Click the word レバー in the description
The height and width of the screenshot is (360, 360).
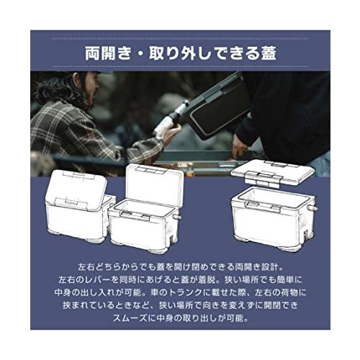tap(97, 279)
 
